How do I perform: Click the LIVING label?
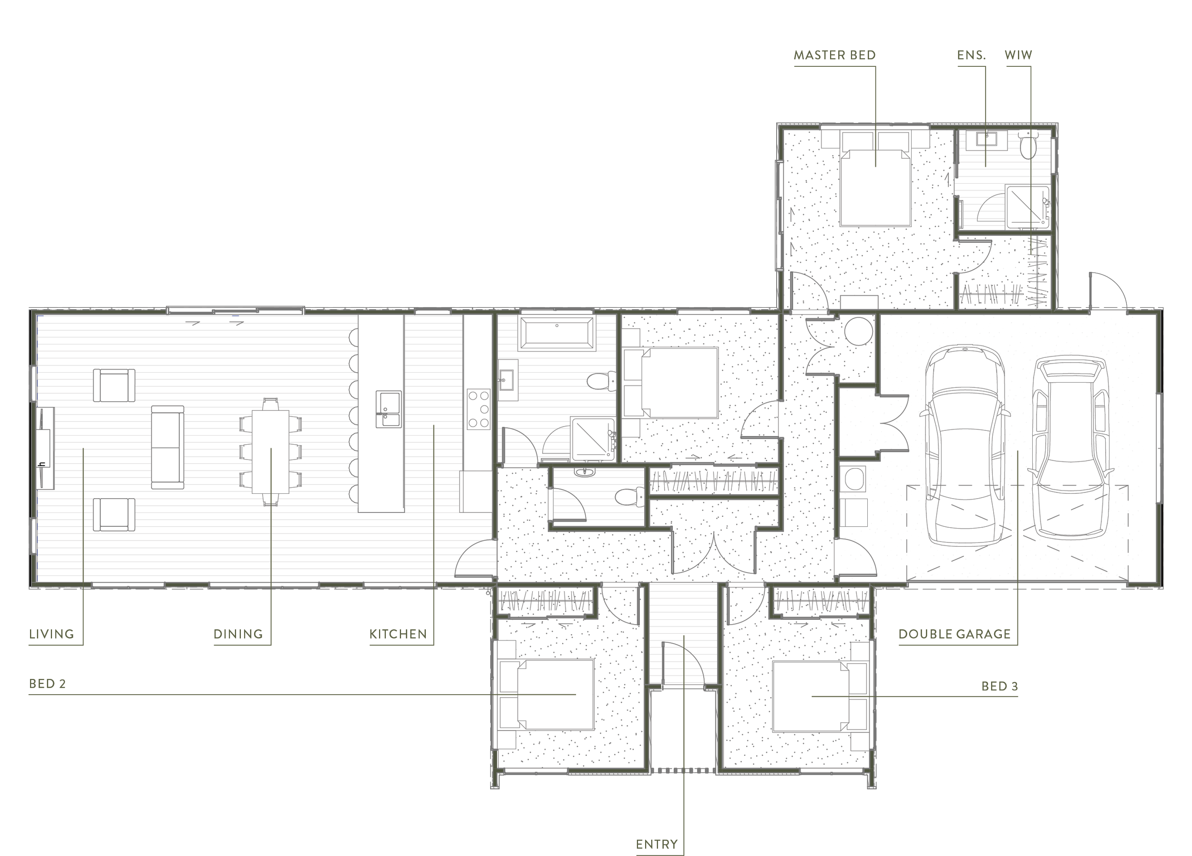[x=51, y=634]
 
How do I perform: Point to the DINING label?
[x=237, y=634]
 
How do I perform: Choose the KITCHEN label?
[x=398, y=634]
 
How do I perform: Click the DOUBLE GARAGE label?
[x=955, y=634]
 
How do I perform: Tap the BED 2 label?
[x=47, y=684]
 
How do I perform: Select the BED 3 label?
[x=1000, y=686]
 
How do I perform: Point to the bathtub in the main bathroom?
[x=556, y=332]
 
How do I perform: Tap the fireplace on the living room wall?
[x=44, y=448]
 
